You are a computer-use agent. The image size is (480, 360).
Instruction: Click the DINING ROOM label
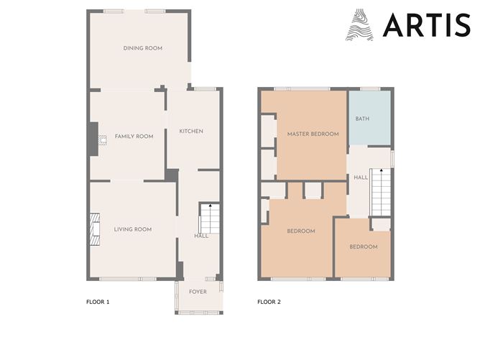[142, 48]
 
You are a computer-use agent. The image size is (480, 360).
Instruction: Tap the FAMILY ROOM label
[134, 136]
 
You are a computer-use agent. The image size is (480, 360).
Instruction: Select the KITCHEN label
[191, 131]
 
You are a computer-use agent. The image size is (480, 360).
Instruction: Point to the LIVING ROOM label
[133, 229]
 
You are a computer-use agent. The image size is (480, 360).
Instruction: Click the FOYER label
[198, 292]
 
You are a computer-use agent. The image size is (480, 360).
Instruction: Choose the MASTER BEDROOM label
[313, 134]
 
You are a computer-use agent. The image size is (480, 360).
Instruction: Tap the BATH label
[362, 119]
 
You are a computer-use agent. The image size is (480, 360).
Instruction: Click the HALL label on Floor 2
[361, 177]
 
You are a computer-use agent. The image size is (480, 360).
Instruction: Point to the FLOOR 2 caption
[269, 302]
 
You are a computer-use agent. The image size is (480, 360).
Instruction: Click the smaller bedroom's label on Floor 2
[363, 246]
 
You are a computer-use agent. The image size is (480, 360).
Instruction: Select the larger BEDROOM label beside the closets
[301, 231]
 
